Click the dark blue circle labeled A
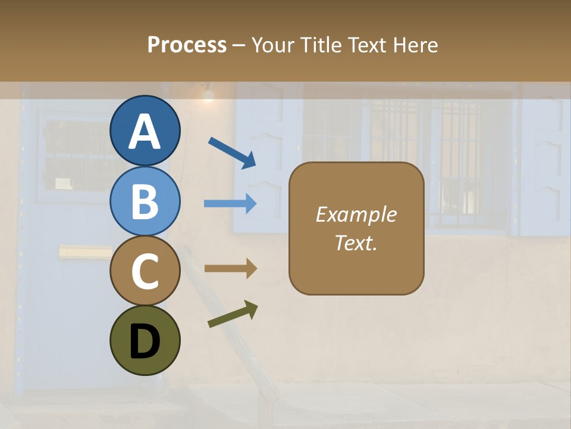(145, 130)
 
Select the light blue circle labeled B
(145, 201)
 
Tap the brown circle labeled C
(145, 271)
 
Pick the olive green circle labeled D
(145, 341)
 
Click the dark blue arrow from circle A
(232, 153)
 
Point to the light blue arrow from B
(230, 203)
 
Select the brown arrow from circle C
(230, 269)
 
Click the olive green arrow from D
(233, 314)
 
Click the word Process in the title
(187, 45)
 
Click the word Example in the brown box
(356, 214)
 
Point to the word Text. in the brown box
(356, 243)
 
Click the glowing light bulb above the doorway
(208, 94)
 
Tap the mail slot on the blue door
(85, 251)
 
